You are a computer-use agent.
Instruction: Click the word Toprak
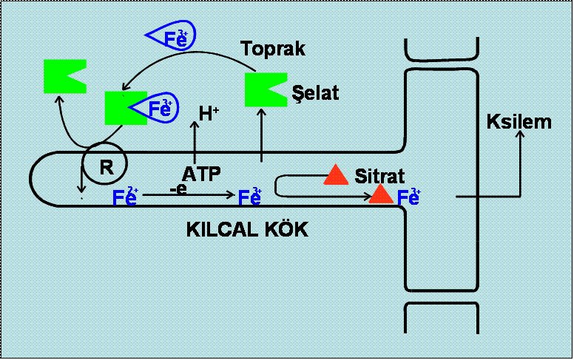274,50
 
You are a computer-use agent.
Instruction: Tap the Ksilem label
519,120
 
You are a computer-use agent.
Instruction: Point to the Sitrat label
380,176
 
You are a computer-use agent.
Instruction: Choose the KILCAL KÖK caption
246,230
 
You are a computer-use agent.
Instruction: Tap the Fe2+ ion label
125,197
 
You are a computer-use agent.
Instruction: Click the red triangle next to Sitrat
336,174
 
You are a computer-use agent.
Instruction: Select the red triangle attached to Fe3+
382,194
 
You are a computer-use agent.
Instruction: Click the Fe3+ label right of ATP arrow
249,197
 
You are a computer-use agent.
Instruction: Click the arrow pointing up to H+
195,140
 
